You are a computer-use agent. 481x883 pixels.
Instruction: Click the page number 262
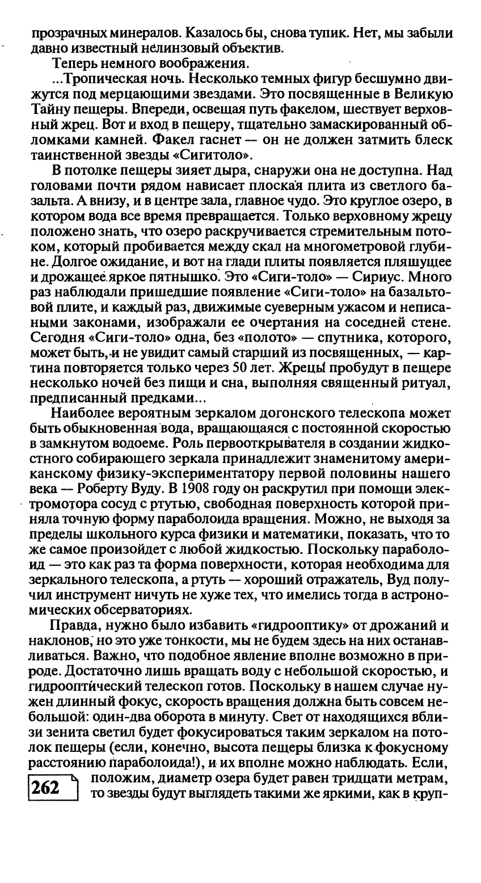(x=46, y=788)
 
